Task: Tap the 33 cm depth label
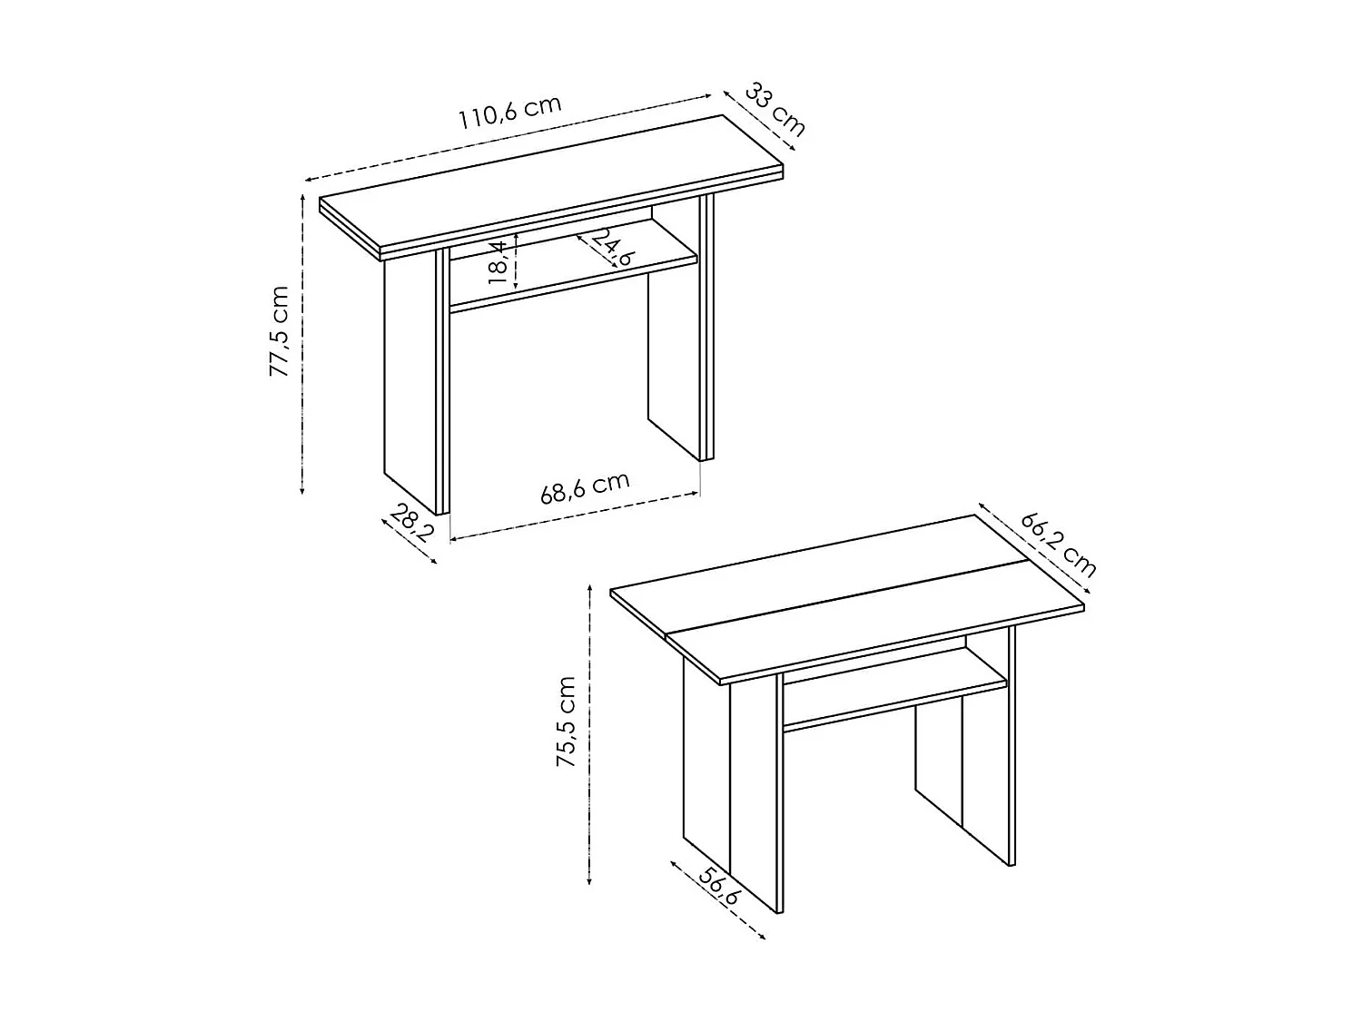(x=775, y=108)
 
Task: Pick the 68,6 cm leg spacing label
(x=585, y=487)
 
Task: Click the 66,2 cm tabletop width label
(x=1059, y=544)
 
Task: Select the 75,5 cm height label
(x=567, y=721)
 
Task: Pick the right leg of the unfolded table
(x=962, y=780)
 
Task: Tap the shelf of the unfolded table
(x=894, y=690)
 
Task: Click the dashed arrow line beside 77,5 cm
(x=302, y=345)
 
